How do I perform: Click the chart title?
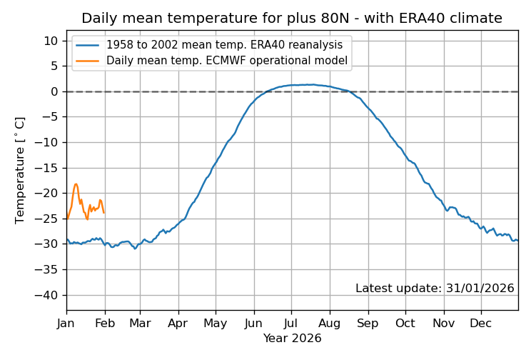pyautogui.click(x=292, y=19)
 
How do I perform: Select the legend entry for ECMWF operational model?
pyautogui.click(x=227, y=61)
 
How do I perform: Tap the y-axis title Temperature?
pyautogui.click(x=20, y=170)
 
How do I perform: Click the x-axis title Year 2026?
pyautogui.click(x=292, y=339)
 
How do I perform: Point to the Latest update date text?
pyautogui.click(x=435, y=289)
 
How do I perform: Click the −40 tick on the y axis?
pyautogui.click(x=48, y=295)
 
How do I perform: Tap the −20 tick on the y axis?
pyautogui.click(x=48, y=194)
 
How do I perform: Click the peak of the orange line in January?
pyautogui.click(x=76, y=184)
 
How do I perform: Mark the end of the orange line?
pyautogui.click(x=104, y=213)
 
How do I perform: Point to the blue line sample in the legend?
pyautogui.click(x=88, y=44)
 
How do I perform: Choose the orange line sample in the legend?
pyautogui.click(x=88, y=61)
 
